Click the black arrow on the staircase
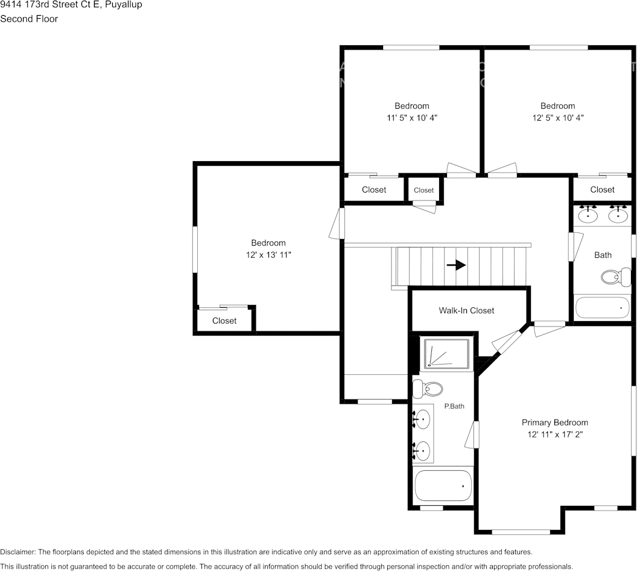pyautogui.click(x=457, y=265)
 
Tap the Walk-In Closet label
pyautogui.click(x=466, y=310)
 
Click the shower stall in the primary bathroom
pyautogui.click(x=446, y=354)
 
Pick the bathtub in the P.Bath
pyautogui.click(x=443, y=485)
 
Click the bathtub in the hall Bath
pyautogui.click(x=602, y=307)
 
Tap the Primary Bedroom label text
pyautogui.click(x=554, y=423)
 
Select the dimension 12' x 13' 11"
pyautogui.click(x=268, y=255)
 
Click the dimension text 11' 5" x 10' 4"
pyautogui.click(x=412, y=118)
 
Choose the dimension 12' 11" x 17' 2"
pyautogui.click(x=554, y=434)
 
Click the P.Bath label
pyautogui.click(x=454, y=406)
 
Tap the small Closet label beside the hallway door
pyautogui.click(x=423, y=190)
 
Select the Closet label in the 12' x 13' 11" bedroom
pyautogui.click(x=224, y=321)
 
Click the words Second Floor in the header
pyautogui.click(x=29, y=19)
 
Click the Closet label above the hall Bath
pyautogui.click(x=602, y=190)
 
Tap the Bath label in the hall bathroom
pyautogui.click(x=603, y=255)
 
